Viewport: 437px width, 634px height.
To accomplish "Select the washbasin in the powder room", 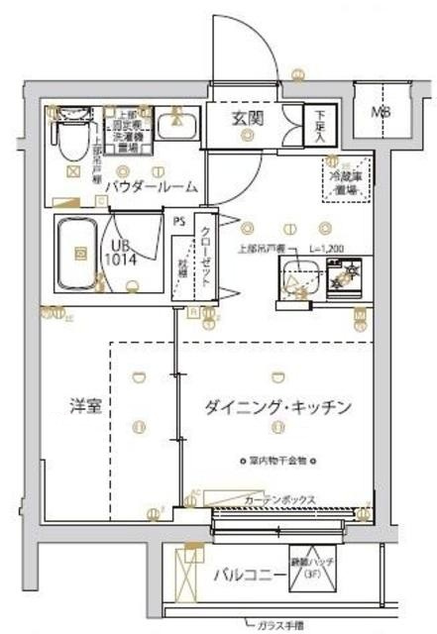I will (178, 127).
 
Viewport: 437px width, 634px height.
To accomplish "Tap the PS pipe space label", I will (178, 222).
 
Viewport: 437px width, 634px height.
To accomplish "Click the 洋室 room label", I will (72, 407).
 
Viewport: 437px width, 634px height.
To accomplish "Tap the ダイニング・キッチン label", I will (278, 407).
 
